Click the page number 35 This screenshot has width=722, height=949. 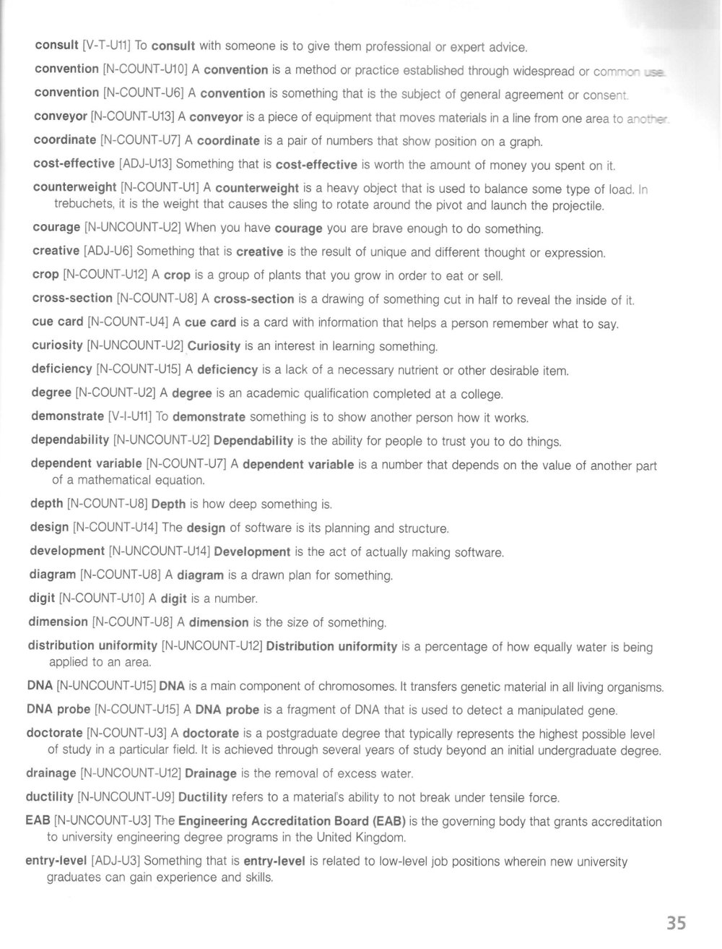(x=676, y=923)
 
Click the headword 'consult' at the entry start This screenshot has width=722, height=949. (x=56, y=46)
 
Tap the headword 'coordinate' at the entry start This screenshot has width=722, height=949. (x=65, y=139)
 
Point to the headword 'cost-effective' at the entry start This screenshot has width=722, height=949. (x=74, y=163)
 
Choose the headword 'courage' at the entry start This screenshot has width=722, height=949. (x=56, y=228)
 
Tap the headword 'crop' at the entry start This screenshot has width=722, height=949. (x=45, y=275)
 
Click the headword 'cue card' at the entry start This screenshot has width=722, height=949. (x=57, y=322)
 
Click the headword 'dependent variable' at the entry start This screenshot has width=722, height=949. (x=86, y=464)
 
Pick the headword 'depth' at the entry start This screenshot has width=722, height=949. (x=46, y=503)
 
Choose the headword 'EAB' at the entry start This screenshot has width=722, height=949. (x=38, y=821)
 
